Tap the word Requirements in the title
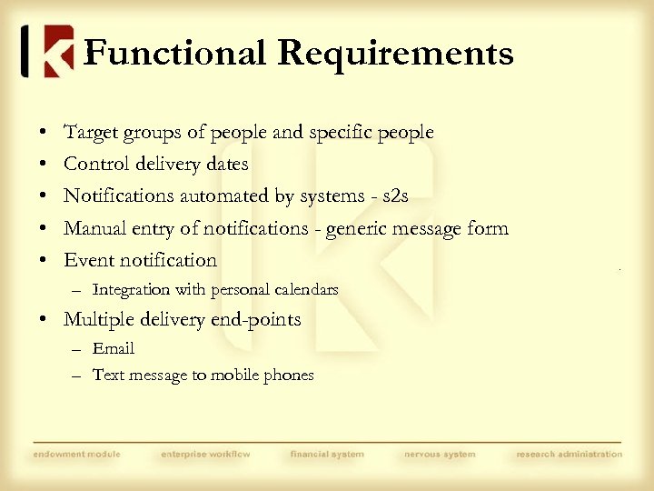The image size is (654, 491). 395,53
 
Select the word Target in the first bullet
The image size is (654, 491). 90,133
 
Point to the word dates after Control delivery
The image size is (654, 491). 225,165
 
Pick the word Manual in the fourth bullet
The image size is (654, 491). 95,228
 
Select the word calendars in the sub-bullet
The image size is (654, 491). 303,290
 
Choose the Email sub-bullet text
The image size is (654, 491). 114,348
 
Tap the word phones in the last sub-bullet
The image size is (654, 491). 287,375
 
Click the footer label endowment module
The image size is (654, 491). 77,454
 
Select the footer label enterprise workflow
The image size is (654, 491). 205,454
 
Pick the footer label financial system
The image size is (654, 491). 327,454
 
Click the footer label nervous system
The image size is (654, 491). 441,454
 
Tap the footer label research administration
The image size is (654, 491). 570,454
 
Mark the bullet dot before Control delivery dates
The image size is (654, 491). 45,165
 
